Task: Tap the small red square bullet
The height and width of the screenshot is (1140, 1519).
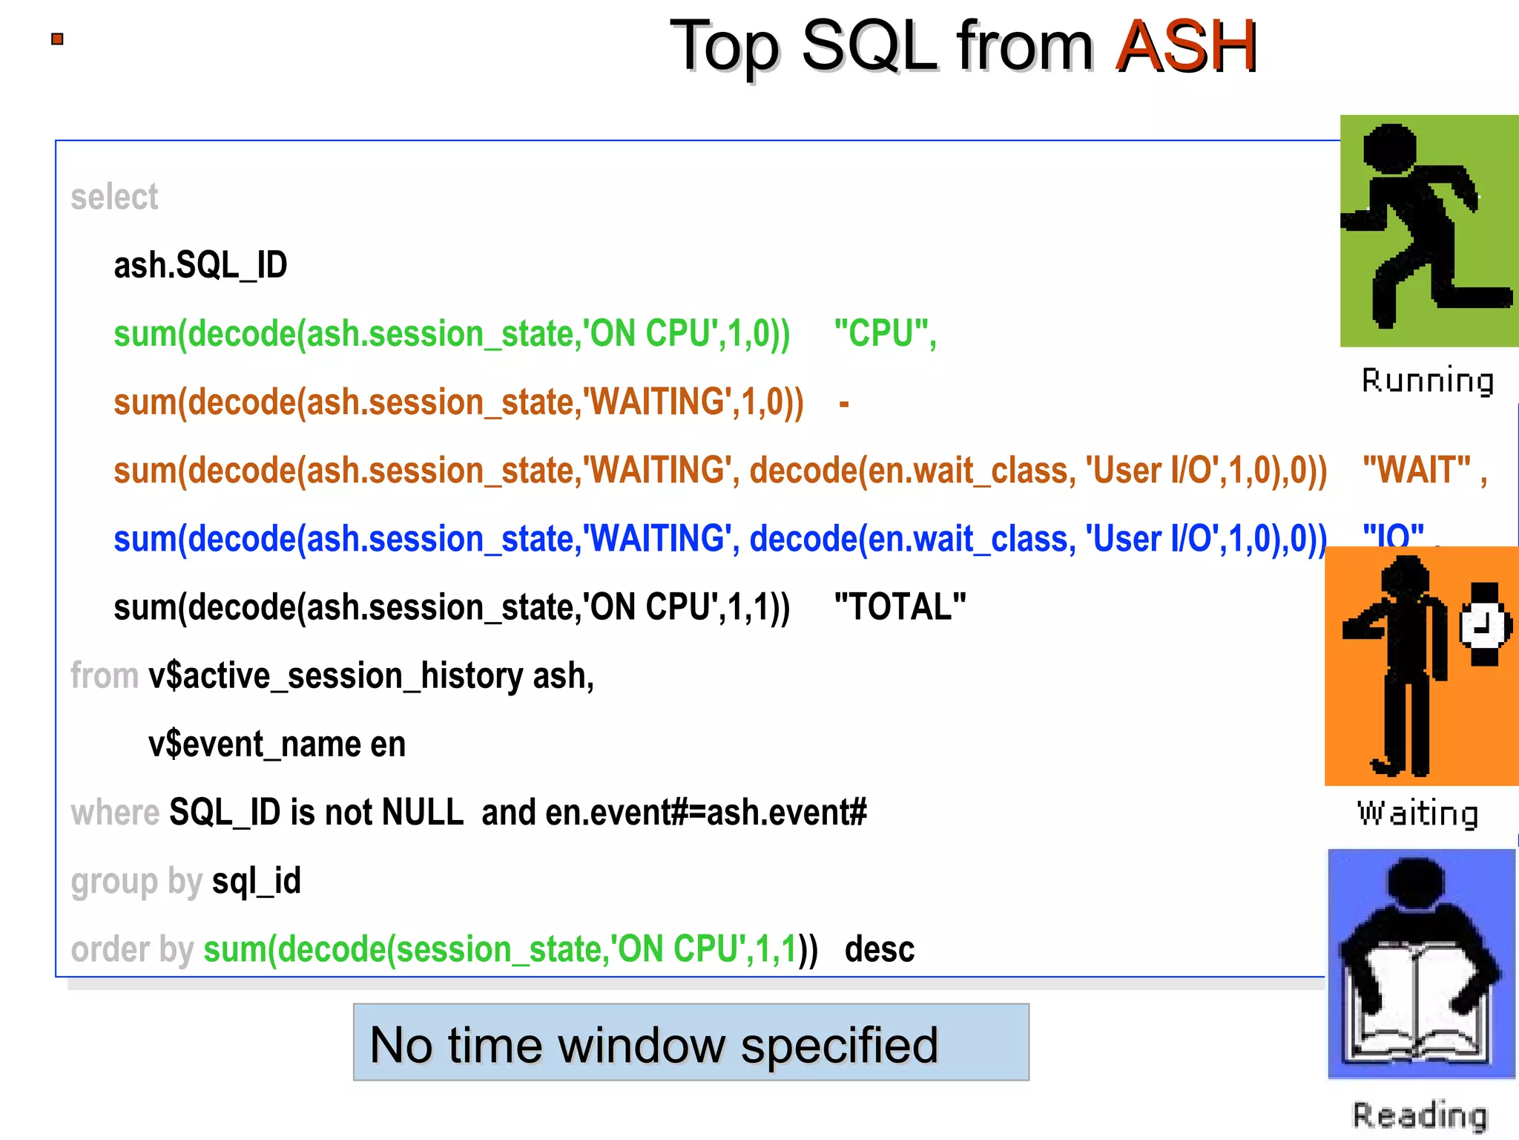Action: coord(57,39)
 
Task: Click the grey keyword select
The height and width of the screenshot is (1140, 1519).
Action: coord(114,197)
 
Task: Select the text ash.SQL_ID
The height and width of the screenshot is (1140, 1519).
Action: coord(200,265)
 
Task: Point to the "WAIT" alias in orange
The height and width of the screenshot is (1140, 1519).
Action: coord(1416,471)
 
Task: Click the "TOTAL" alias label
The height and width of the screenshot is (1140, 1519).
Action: coord(900,607)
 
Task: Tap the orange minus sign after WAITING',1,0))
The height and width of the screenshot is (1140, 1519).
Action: coord(843,404)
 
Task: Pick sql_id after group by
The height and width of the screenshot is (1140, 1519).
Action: coord(257,881)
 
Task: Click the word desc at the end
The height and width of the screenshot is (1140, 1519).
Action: coord(879,949)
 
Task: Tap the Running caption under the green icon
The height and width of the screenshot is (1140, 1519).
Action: coord(1427,381)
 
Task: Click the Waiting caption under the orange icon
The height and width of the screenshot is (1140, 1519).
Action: coord(1417,813)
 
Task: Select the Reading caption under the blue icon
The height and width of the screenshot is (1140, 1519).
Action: coord(1420,1116)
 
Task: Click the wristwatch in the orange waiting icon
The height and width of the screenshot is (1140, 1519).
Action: coord(1484,624)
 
